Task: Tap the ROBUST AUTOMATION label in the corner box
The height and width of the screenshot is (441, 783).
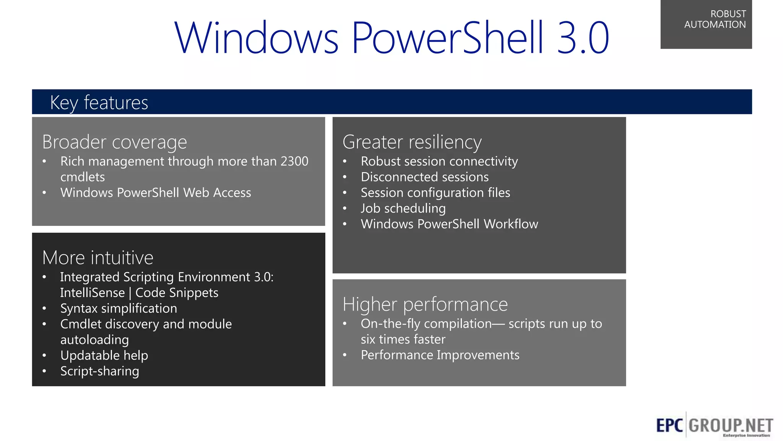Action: point(715,19)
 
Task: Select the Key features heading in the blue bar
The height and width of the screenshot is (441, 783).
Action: point(99,103)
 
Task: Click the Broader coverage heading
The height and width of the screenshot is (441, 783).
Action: point(115,142)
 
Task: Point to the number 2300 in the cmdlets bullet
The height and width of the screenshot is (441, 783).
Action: point(294,162)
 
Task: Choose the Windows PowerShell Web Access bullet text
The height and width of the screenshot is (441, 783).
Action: point(156,193)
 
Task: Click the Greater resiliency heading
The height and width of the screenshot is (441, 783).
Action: point(412,142)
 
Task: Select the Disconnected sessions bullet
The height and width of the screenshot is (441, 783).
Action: point(424,177)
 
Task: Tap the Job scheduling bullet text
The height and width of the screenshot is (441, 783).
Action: point(403,208)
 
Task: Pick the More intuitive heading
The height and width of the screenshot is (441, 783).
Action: point(98,258)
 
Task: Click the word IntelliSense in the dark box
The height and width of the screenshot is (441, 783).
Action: point(93,293)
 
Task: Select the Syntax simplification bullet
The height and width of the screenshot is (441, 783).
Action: point(119,309)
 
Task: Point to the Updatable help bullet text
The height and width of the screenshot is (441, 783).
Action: point(104,356)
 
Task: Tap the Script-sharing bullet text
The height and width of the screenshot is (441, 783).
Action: point(99,371)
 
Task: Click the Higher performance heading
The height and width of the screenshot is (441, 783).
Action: point(425,305)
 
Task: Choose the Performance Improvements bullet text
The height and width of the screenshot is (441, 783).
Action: point(440,355)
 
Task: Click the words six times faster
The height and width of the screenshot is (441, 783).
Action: point(403,340)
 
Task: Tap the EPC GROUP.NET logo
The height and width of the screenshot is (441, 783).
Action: point(714,425)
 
